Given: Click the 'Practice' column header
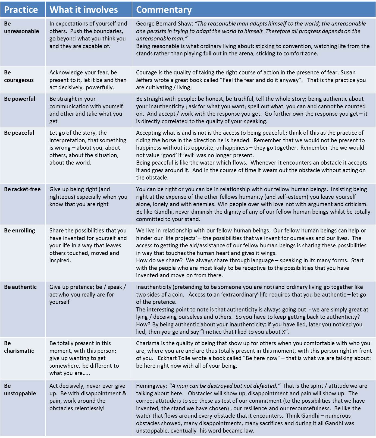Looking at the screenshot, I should (21, 10).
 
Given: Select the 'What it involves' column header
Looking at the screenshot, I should (83, 10).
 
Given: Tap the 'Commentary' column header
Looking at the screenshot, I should (164, 10).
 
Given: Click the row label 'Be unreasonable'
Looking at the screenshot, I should (21, 27).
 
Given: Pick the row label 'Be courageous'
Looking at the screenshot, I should (19, 76).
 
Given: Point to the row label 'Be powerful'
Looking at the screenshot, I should (20, 99).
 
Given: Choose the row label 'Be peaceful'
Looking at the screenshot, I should (19, 133).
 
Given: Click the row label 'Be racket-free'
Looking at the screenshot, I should (22, 189).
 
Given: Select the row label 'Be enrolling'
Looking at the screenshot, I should (20, 231).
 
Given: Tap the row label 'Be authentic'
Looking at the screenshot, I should (20, 287).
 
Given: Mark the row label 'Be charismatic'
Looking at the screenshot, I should (19, 347).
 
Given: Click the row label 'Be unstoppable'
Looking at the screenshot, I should (20, 390).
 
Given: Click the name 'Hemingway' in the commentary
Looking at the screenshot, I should (151, 386).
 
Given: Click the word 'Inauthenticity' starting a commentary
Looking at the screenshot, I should (154, 287).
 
